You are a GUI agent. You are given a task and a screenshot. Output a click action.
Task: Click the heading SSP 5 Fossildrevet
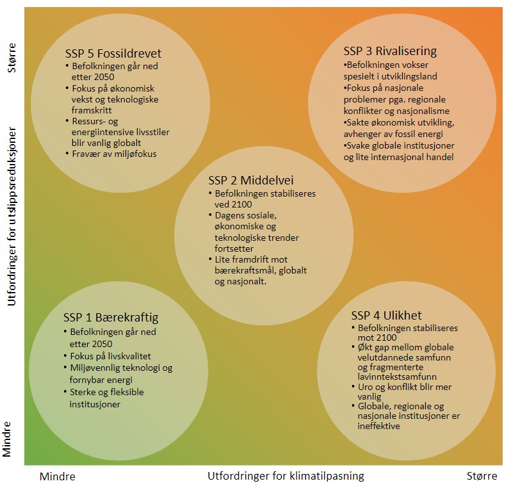point(113,53)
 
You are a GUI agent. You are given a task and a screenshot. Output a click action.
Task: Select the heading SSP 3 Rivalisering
point(390,51)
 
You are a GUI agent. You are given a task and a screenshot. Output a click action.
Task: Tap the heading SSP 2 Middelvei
point(251,180)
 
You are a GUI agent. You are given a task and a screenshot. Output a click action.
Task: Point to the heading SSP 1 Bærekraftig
point(111,318)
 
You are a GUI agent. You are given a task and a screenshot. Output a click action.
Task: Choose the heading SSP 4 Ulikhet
point(386,315)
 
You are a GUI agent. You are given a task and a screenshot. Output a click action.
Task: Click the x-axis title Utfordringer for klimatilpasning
point(286,476)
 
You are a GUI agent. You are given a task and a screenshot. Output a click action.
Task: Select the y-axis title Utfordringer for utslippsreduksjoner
point(12,216)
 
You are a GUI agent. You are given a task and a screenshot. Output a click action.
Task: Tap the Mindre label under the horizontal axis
point(58,476)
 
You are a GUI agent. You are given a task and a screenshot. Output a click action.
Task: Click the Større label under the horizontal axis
point(482,476)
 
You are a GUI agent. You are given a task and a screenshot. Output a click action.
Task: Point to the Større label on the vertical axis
point(12,58)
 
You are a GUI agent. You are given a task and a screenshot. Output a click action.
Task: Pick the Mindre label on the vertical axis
point(7,439)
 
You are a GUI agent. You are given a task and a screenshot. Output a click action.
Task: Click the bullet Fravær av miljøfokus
point(114,154)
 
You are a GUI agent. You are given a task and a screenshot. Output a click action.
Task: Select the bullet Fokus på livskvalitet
point(111,356)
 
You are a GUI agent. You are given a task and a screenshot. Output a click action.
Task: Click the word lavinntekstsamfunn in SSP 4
point(397,377)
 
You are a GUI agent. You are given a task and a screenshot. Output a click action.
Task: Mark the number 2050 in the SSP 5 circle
point(104,77)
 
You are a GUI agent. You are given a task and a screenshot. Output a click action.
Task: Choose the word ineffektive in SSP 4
point(378,426)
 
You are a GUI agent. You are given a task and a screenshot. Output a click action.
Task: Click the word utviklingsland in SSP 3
point(411,77)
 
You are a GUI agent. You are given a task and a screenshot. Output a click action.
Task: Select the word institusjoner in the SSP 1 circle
point(95,404)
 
